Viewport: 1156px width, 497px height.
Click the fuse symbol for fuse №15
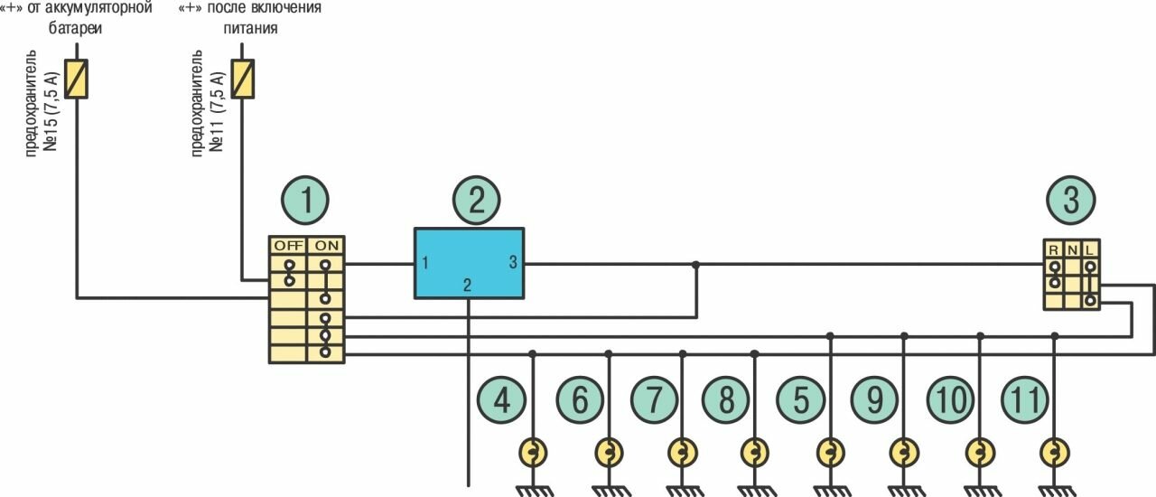[77, 79]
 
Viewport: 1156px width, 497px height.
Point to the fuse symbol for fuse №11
[242, 79]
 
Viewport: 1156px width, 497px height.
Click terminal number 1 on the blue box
[424, 264]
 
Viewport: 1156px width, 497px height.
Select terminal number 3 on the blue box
[513, 264]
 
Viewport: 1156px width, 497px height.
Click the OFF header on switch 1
[288, 245]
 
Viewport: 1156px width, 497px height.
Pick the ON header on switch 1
[325, 245]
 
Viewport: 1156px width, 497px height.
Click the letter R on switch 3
[1054, 248]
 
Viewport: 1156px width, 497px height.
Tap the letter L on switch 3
[1091, 248]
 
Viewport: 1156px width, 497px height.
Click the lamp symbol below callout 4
[533, 451]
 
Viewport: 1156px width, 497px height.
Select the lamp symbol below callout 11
[1053, 451]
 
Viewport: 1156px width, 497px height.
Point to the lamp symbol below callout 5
[830, 451]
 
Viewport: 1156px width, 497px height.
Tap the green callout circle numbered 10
[951, 399]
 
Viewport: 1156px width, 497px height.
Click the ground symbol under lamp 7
[682, 489]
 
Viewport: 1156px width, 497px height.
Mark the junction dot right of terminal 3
[695, 265]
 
